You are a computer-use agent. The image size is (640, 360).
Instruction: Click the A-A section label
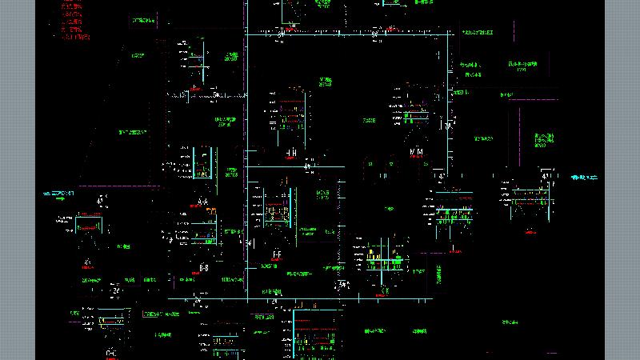203,201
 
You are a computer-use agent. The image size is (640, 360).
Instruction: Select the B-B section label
204,266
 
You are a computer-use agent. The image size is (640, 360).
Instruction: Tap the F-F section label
277,254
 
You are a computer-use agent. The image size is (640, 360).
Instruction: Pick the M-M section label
416,152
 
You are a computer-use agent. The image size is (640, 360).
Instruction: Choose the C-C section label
111,353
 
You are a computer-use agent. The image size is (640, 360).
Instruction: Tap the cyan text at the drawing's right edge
585,177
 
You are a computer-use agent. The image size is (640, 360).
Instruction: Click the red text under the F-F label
277,261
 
